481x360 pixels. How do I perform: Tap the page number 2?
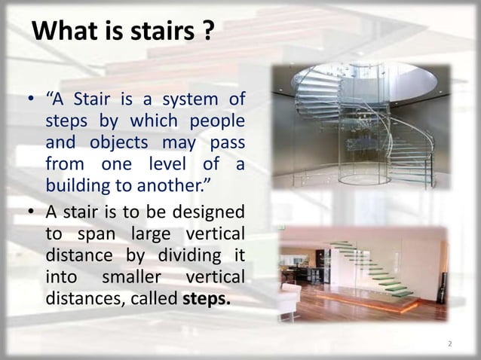coord(450,344)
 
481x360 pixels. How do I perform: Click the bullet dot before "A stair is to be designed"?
coord(34,209)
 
